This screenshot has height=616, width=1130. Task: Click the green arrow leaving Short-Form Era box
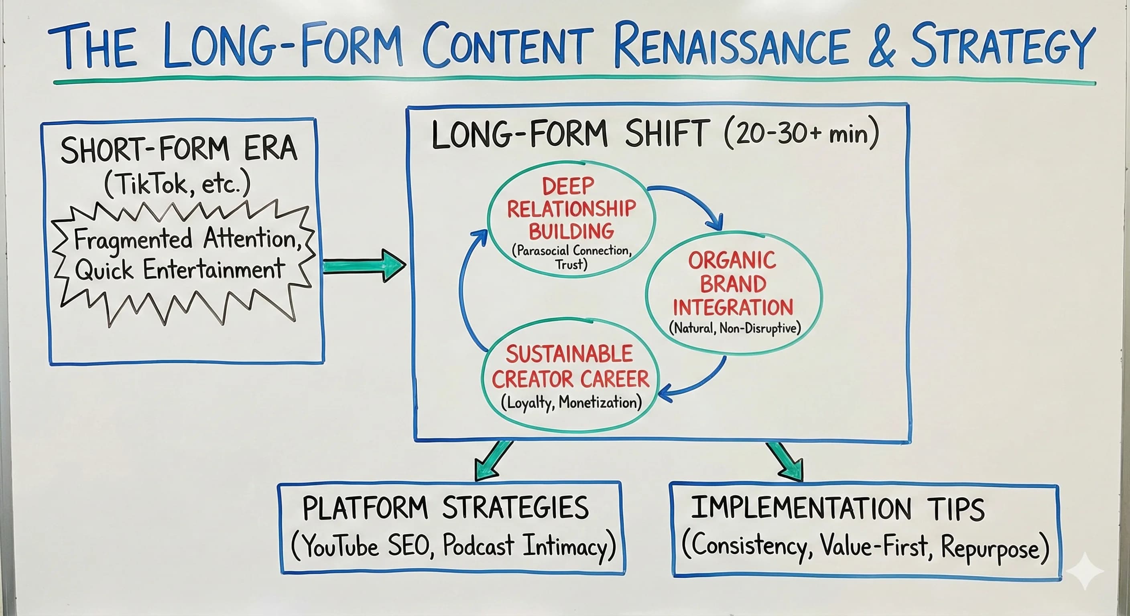click(x=364, y=265)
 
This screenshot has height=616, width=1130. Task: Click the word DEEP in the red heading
click(x=568, y=187)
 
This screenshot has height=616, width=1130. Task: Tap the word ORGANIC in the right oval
click(x=732, y=261)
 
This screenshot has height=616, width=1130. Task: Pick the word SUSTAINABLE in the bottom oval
click(x=569, y=354)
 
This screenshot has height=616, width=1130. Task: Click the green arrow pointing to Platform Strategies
click(x=494, y=460)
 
